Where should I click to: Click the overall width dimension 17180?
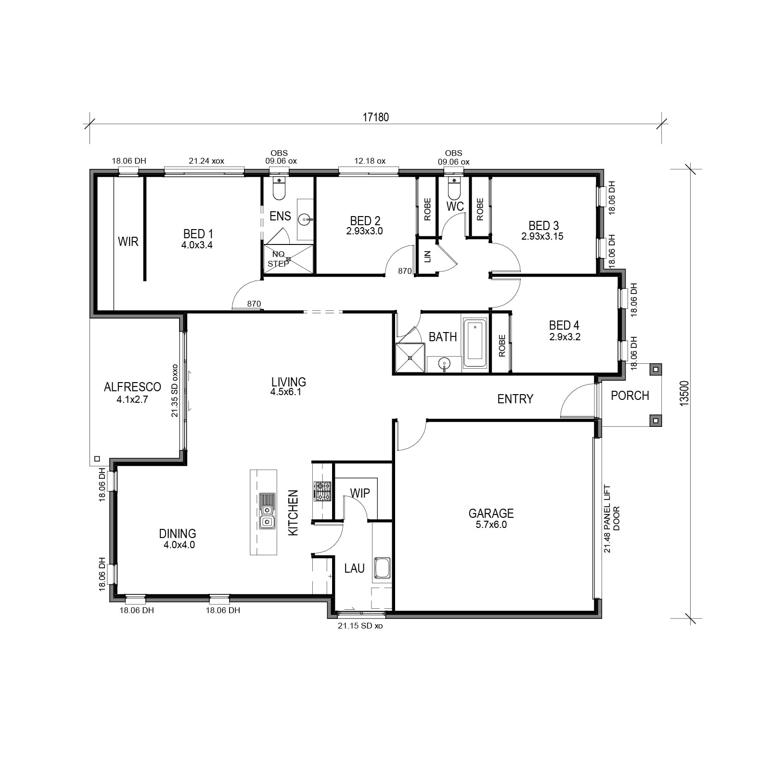click(x=375, y=117)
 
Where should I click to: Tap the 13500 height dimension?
click(x=685, y=393)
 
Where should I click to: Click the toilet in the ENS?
click(x=279, y=188)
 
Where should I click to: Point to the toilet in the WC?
click(x=454, y=188)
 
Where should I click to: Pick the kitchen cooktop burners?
click(x=322, y=491)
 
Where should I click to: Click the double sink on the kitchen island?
click(x=267, y=511)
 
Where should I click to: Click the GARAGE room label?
click(x=491, y=513)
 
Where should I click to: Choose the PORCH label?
click(x=630, y=396)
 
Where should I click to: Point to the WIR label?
click(x=128, y=242)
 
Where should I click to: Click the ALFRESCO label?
click(x=132, y=387)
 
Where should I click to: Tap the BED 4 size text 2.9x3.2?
click(x=565, y=337)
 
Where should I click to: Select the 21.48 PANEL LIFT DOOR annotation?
click(x=612, y=519)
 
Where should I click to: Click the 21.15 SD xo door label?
click(x=360, y=626)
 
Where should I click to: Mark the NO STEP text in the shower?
click(x=278, y=259)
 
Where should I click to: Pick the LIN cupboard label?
click(x=427, y=257)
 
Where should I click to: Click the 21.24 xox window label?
click(x=206, y=161)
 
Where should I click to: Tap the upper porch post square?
click(x=655, y=370)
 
